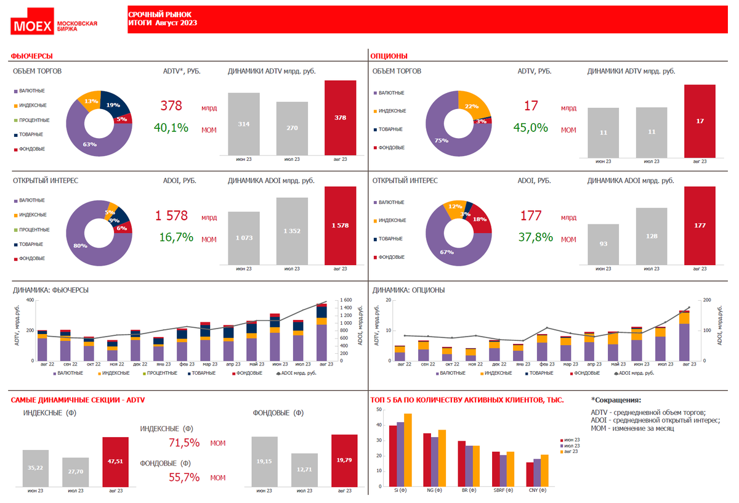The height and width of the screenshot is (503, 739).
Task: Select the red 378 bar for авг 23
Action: click(x=340, y=117)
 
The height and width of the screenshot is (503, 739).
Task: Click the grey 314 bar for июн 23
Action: click(x=244, y=124)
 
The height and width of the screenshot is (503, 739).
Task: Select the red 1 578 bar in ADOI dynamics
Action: click(x=340, y=226)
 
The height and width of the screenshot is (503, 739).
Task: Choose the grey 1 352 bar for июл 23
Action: click(x=292, y=231)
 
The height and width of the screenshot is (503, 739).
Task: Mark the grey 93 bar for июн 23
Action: click(x=603, y=244)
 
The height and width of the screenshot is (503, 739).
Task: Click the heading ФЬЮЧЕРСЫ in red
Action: click(x=31, y=56)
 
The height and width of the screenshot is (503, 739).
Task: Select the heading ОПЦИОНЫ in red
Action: click(x=389, y=56)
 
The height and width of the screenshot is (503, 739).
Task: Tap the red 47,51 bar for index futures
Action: click(x=115, y=461)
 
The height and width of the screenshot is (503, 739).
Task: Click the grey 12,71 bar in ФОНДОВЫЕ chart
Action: click(x=304, y=469)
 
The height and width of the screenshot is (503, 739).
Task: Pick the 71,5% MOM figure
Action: click(x=184, y=443)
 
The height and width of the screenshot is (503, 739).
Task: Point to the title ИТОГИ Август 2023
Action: click(x=163, y=23)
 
